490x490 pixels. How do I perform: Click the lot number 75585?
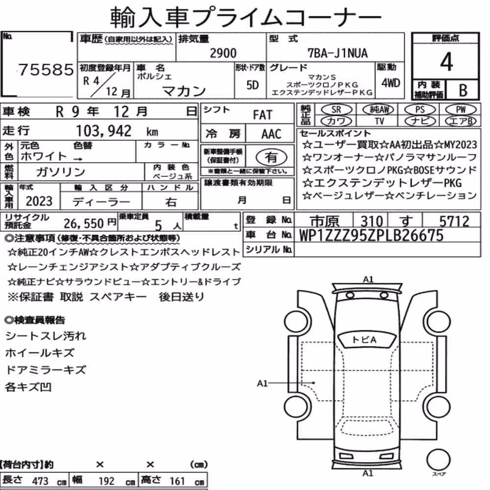coord(46,70)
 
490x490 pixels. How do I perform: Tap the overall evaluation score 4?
coord(446,62)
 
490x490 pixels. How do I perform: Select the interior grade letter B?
coord(463,90)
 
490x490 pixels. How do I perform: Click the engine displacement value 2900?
coord(223,53)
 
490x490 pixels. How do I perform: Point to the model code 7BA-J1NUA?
coord(338,53)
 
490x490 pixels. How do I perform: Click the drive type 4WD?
coord(391,83)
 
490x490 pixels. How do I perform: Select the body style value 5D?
coord(252,85)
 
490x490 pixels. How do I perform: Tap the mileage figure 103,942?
coord(104,131)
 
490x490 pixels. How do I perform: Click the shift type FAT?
coord(263,115)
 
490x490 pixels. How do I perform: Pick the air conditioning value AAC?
coord(271,134)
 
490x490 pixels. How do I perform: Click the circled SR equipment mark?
coord(336,109)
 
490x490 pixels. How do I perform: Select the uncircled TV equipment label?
coord(379,121)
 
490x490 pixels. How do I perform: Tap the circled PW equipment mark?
coord(461,109)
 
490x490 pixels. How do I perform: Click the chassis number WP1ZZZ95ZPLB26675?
coord(371,235)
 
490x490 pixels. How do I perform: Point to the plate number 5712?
coord(454,221)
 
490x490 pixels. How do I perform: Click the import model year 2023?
coord(39,201)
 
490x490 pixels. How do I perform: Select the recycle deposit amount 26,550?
coord(84,223)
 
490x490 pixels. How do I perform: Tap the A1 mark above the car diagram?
coord(368,279)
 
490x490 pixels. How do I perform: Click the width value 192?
coord(106,481)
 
